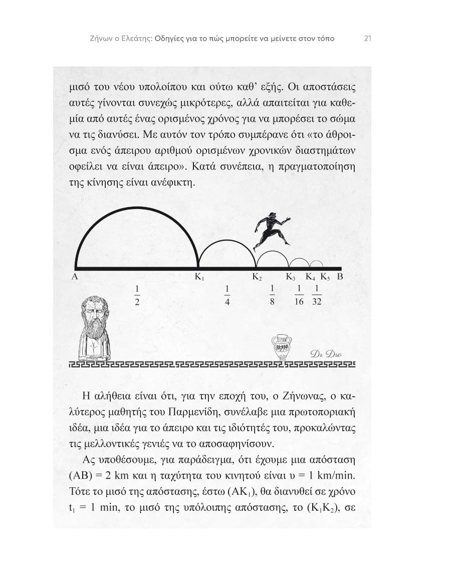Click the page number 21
click(x=367, y=38)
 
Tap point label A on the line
click(x=74, y=277)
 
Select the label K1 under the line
click(x=199, y=277)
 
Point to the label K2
click(x=257, y=277)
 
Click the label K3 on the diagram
click(x=291, y=277)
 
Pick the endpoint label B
click(x=339, y=277)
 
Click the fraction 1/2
click(x=137, y=296)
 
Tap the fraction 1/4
click(x=227, y=296)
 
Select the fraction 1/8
click(x=273, y=296)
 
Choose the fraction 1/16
click(x=299, y=296)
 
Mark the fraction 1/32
click(x=316, y=296)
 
